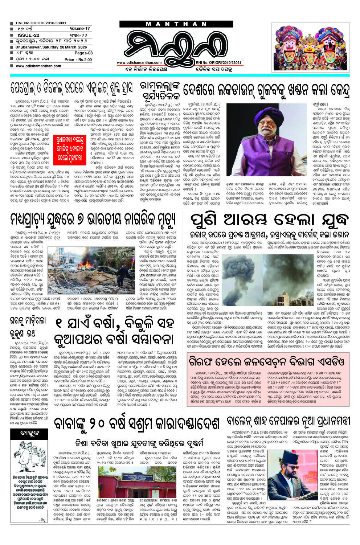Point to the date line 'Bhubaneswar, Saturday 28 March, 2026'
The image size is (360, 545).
click(51, 47)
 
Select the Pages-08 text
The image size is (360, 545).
click(83, 53)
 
